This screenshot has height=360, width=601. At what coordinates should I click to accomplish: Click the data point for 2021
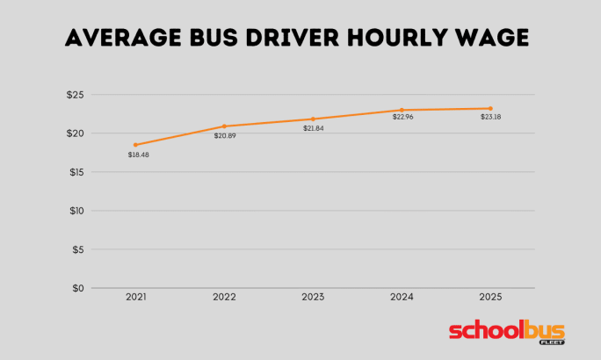coord(135,145)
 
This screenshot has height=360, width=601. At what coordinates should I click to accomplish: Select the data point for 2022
coord(224,126)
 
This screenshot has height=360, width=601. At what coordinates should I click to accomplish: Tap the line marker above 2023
coord(313,119)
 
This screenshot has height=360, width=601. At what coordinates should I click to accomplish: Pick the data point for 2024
coord(402,110)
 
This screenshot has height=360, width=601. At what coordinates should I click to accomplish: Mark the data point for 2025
coord(490,108)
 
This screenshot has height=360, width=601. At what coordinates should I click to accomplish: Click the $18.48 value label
coord(138,155)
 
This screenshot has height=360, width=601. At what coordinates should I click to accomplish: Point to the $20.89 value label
coord(225,136)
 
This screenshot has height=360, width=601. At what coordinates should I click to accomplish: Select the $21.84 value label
coord(314,128)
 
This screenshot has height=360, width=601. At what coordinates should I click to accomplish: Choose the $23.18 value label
coord(492,117)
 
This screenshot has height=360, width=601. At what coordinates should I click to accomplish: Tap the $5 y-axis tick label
coord(77,249)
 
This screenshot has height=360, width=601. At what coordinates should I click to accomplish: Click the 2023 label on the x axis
coord(313,298)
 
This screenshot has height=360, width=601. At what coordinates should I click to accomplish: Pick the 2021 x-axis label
coord(135,298)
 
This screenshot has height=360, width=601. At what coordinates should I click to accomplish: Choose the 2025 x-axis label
coord(490,298)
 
